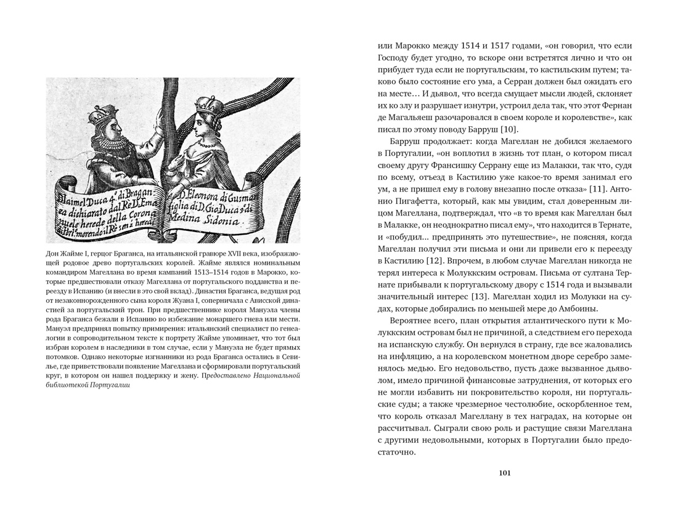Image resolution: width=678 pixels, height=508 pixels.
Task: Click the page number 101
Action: tap(504, 473)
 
